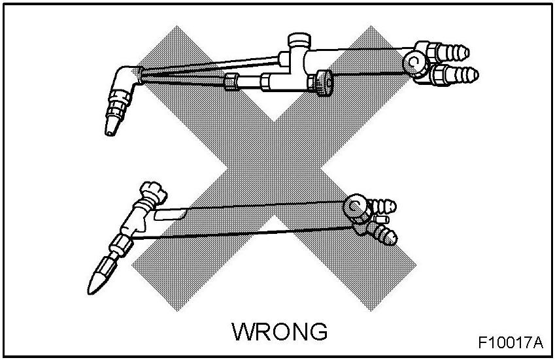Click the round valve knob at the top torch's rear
(x=414, y=62)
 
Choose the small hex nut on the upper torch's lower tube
(x=230, y=83)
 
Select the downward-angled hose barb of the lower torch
(x=386, y=235)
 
